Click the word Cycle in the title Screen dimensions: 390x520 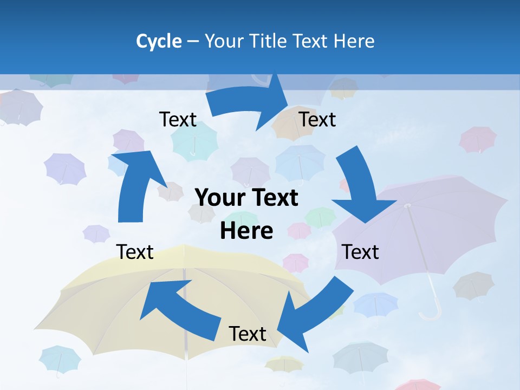(159, 41)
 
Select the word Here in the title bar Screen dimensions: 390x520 (353, 41)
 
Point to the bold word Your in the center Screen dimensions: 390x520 (219, 198)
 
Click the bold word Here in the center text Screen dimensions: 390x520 (246, 231)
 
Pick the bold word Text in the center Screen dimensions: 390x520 (273, 198)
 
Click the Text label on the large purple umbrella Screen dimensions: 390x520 (361, 252)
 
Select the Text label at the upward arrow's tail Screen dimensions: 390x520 (135, 252)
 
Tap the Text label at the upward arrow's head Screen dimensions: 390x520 (178, 119)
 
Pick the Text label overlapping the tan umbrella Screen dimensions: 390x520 (317, 119)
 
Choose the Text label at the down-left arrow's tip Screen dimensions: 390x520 (248, 334)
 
